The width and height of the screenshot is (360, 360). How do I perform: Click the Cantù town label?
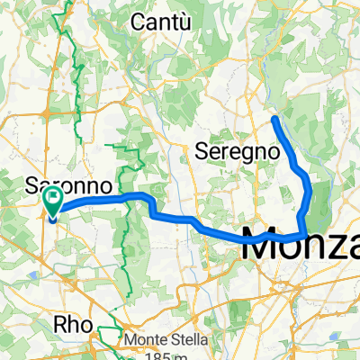[x=162, y=21]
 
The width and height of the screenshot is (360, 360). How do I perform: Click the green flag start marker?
[x=55, y=200]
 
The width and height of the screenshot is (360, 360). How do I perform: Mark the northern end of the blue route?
[x=274, y=118]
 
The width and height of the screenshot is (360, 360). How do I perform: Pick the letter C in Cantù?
[x=139, y=21]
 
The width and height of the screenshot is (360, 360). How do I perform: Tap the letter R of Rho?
[x=62, y=325]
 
